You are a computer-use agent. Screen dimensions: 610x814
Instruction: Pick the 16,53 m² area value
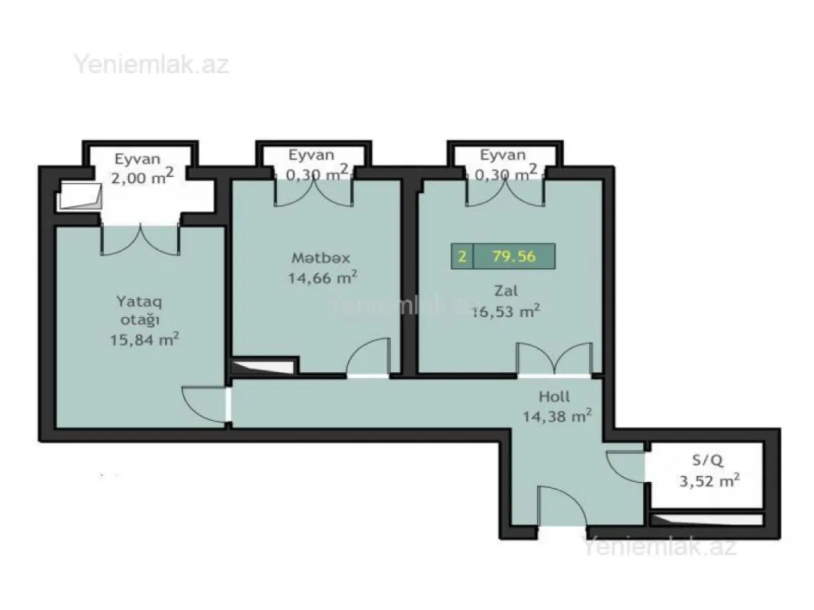click(507, 310)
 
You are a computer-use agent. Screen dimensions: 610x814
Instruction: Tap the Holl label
click(554, 396)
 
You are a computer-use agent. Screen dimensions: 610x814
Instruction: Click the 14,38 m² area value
click(557, 416)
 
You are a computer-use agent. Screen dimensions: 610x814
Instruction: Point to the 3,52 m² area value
click(709, 481)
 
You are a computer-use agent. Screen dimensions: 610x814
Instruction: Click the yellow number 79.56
click(513, 256)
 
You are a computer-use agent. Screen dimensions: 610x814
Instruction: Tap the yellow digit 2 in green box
click(462, 256)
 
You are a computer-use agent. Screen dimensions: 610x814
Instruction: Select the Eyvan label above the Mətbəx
click(311, 155)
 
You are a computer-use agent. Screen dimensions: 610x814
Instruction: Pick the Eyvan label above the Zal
click(503, 155)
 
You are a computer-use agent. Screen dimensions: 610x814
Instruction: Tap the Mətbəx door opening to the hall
click(368, 360)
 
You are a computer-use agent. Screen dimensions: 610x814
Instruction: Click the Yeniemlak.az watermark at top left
click(151, 64)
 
